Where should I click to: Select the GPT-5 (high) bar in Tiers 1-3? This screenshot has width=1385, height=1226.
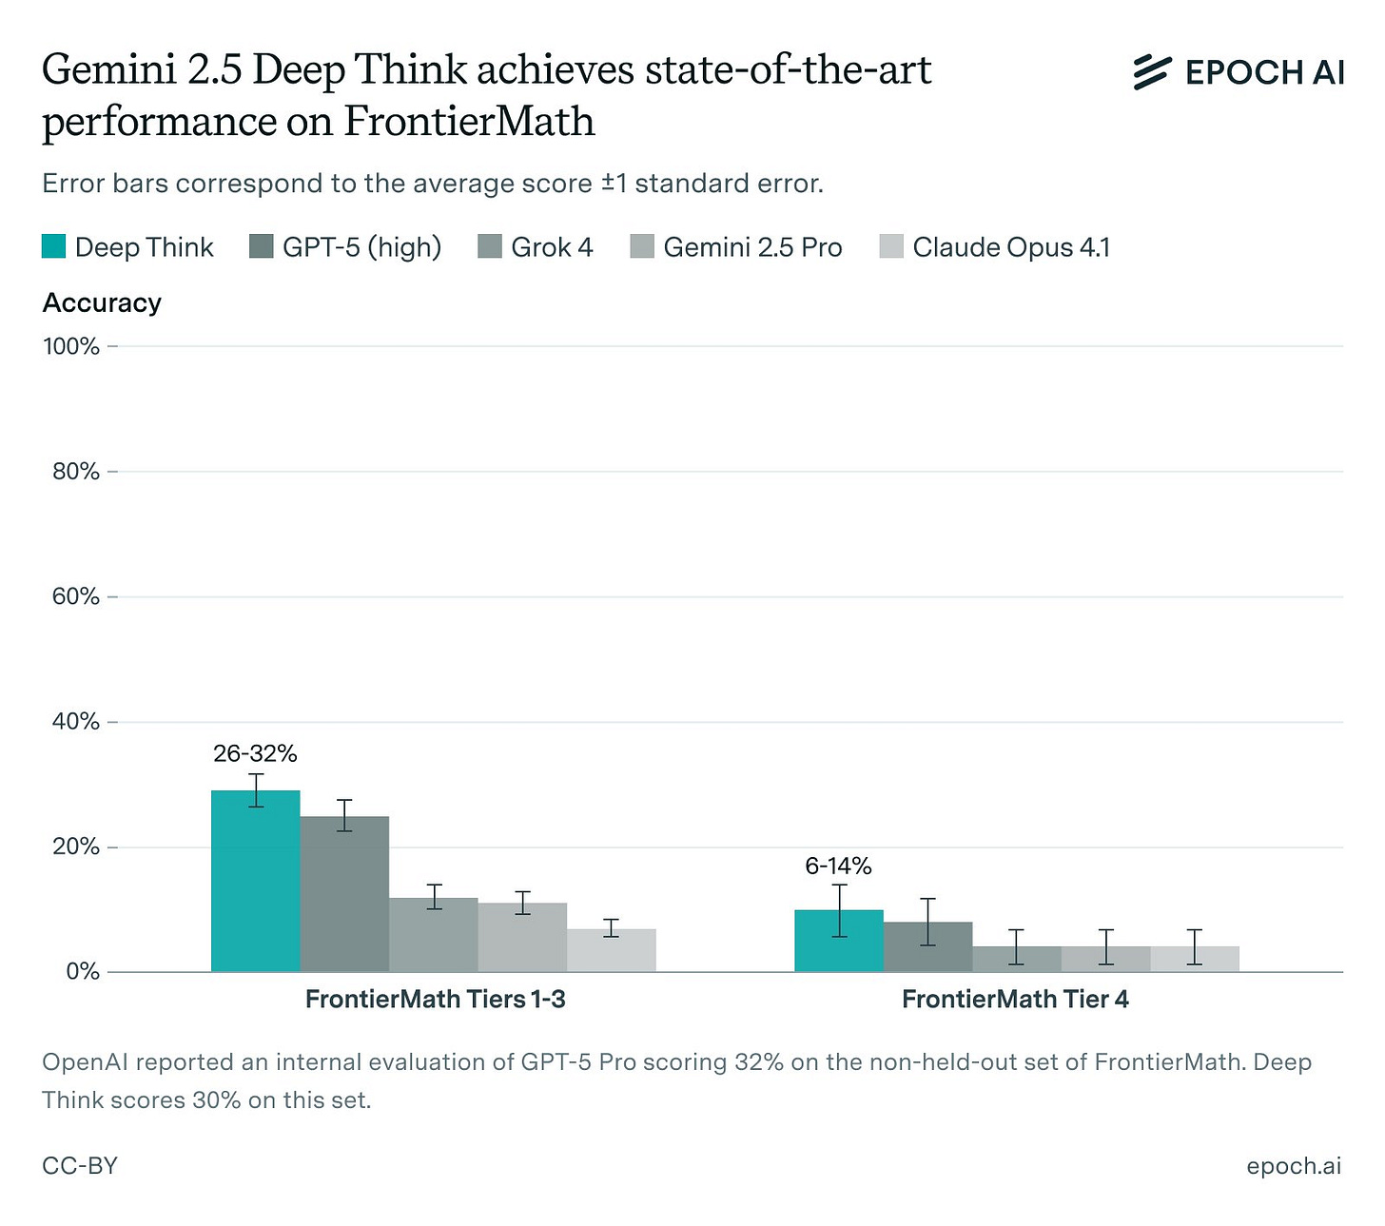click(x=344, y=894)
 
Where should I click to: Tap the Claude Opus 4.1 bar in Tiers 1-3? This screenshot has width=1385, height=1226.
click(x=612, y=950)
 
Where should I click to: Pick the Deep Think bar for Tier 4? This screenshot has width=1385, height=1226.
click(x=839, y=941)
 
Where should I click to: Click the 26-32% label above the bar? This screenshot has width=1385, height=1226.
click(x=255, y=754)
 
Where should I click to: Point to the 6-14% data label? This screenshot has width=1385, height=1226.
click(x=838, y=866)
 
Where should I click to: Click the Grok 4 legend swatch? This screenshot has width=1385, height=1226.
click(x=490, y=247)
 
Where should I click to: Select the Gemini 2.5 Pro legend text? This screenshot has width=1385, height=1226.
click(x=752, y=247)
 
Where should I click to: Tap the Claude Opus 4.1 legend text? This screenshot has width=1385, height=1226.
click(x=1011, y=247)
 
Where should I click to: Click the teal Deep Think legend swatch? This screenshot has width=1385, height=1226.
click(x=54, y=247)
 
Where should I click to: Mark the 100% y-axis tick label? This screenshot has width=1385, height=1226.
click(x=71, y=346)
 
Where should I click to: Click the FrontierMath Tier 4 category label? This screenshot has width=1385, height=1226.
click(x=1015, y=1000)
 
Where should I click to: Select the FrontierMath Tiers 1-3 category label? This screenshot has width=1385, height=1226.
click(x=436, y=1000)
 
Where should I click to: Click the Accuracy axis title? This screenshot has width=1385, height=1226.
click(x=102, y=302)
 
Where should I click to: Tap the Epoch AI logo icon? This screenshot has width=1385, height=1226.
click(x=1151, y=72)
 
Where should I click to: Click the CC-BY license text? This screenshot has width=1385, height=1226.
click(x=80, y=1165)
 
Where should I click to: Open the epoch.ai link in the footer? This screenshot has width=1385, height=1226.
click(x=1294, y=1165)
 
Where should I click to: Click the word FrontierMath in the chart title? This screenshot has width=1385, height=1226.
click(x=469, y=122)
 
